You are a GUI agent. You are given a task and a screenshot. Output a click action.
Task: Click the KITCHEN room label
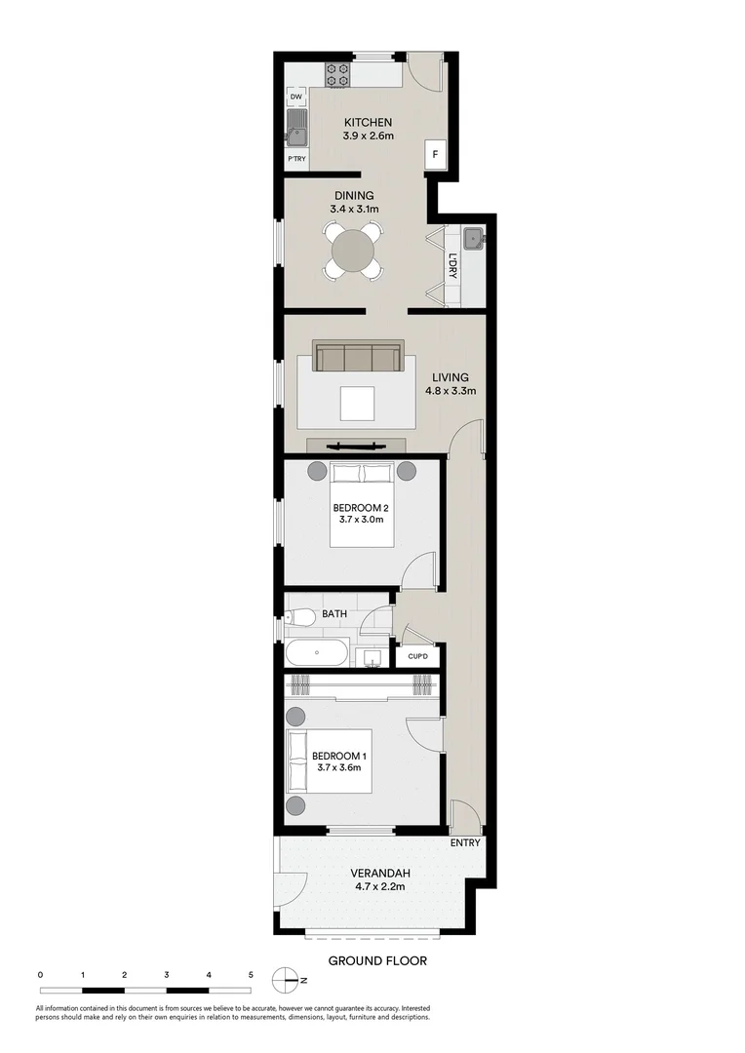pyautogui.click(x=368, y=122)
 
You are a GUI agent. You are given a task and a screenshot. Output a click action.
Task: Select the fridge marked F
pyautogui.click(x=435, y=154)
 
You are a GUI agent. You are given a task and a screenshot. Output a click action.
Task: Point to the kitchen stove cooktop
pyautogui.click(x=338, y=73)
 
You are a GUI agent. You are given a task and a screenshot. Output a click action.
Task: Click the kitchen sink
pyautogui.click(x=296, y=134)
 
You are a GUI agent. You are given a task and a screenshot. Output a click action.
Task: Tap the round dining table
pyautogui.click(x=353, y=252)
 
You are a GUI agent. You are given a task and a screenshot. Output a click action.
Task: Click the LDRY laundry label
pyautogui.click(x=453, y=266)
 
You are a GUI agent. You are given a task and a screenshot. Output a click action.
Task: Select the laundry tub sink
pyautogui.click(x=473, y=237)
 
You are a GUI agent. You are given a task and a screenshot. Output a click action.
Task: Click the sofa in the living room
pyautogui.click(x=358, y=358)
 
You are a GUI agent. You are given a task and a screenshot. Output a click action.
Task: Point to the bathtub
pyautogui.click(x=316, y=654)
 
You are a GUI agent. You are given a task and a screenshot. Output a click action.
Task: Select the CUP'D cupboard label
pyautogui.click(x=418, y=656)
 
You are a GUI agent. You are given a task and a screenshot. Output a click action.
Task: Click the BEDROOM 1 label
pyautogui.click(x=339, y=757)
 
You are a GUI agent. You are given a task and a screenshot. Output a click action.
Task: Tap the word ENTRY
pyautogui.click(x=465, y=843)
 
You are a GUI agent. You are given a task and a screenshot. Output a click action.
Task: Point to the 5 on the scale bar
pyautogui.click(x=251, y=974)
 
